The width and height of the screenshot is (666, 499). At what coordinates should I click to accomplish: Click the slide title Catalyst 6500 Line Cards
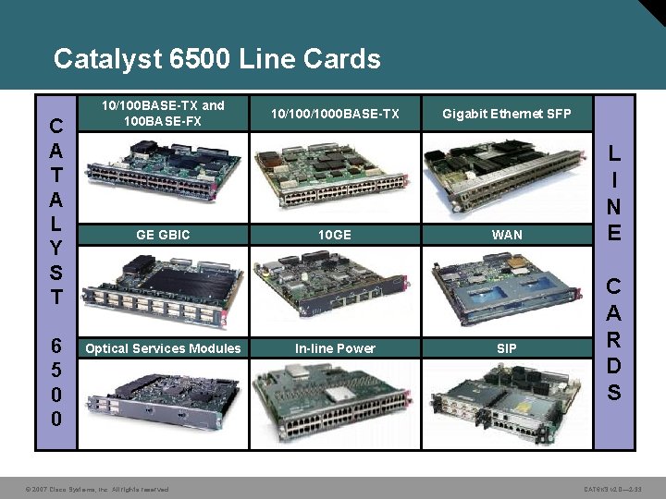[x=216, y=59]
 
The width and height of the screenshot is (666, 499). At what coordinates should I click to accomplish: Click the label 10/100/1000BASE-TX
[x=334, y=114]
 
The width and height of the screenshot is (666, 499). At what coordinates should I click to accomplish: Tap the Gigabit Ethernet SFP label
[x=506, y=114]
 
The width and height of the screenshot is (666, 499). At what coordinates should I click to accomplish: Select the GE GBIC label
[x=163, y=235]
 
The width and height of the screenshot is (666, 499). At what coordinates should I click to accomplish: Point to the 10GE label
[x=334, y=235]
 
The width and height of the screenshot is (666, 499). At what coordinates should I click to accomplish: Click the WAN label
[x=506, y=235]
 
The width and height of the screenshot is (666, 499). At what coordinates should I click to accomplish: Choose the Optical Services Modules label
[x=163, y=348]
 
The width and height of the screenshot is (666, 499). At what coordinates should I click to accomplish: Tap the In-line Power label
[x=334, y=348]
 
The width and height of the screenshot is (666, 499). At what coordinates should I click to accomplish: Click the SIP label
[x=506, y=348]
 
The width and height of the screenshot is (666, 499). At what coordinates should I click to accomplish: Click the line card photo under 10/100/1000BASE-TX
[x=334, y=172]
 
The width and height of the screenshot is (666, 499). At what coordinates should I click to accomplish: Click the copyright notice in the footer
[x=97, y=489]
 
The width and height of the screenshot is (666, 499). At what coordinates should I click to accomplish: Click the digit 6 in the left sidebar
[x=56, y=347]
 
